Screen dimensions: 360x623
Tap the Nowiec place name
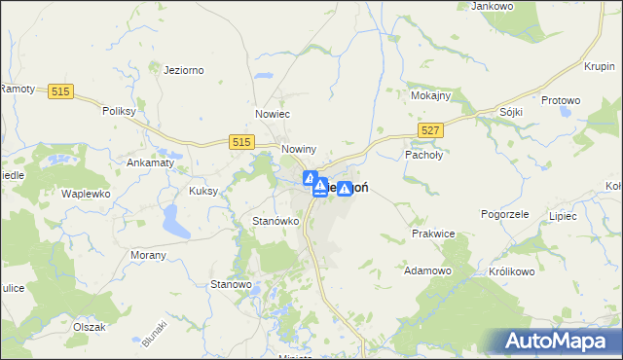[x=274, y=114]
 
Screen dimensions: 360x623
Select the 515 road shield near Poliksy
[x=61, y=90]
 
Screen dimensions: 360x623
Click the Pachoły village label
[x=423, y=154]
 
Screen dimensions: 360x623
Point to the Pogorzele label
[x=504, y=213]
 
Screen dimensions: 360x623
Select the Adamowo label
[x=427, y=270]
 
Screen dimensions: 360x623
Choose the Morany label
[x=148, y=254]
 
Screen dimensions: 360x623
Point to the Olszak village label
[x=89, y=327]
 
